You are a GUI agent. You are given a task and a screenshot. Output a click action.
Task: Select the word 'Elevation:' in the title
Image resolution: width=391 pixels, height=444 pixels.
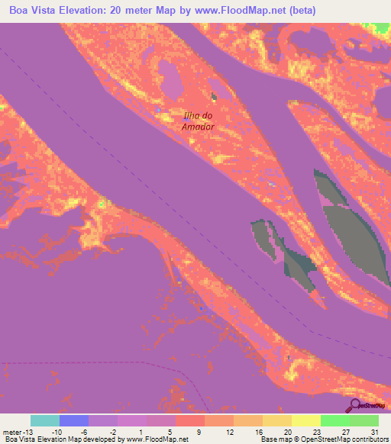[x=87, y=11]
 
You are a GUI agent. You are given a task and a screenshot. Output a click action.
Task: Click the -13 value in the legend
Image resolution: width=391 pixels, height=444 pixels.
[x=31, y=433]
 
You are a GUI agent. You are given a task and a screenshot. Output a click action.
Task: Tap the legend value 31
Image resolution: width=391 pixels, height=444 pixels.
[x=374, y=433]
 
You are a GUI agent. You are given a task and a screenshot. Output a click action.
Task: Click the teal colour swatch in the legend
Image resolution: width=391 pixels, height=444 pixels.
[x=44, y=420]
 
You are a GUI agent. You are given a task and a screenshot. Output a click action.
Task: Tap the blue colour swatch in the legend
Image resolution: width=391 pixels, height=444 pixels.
[x=73, y=420]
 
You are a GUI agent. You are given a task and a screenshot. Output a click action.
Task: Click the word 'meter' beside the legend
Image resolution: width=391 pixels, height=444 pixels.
[x=12, y=433]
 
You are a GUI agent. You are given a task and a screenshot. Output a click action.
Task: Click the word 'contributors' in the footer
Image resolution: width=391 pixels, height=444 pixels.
[x=370, y=439]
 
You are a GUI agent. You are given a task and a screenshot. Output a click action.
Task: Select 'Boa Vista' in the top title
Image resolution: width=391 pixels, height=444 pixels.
[x=33, y=11]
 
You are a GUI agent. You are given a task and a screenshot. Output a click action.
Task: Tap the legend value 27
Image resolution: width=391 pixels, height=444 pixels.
[x=345, y=433]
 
